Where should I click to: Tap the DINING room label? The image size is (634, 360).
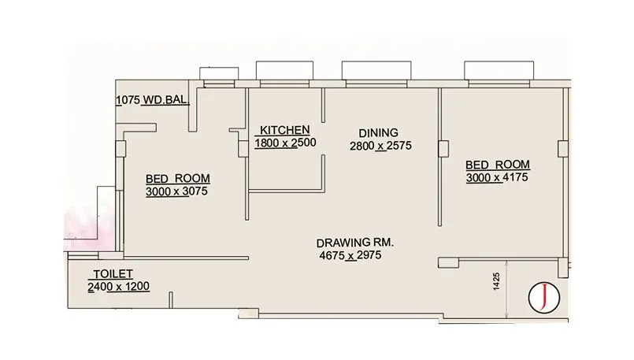coord(378,132)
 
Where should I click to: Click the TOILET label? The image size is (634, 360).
coord(111,273)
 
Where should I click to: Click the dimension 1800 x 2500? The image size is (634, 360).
coord(284,143)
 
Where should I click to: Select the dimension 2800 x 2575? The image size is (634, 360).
coord(381,146)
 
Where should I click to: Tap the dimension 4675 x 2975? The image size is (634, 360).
coord(350,256)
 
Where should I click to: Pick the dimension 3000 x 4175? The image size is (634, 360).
coord(496,178)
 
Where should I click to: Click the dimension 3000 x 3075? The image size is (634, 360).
coord(177,191)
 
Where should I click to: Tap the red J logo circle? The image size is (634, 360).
coord(543,295)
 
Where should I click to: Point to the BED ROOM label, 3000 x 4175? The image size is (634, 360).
coord(497,165)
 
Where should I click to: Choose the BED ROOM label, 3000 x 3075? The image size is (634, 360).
coord(177,178)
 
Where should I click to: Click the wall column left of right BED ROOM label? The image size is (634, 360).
coord(443,148)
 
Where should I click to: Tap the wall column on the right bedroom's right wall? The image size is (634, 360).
coord(562,148)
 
